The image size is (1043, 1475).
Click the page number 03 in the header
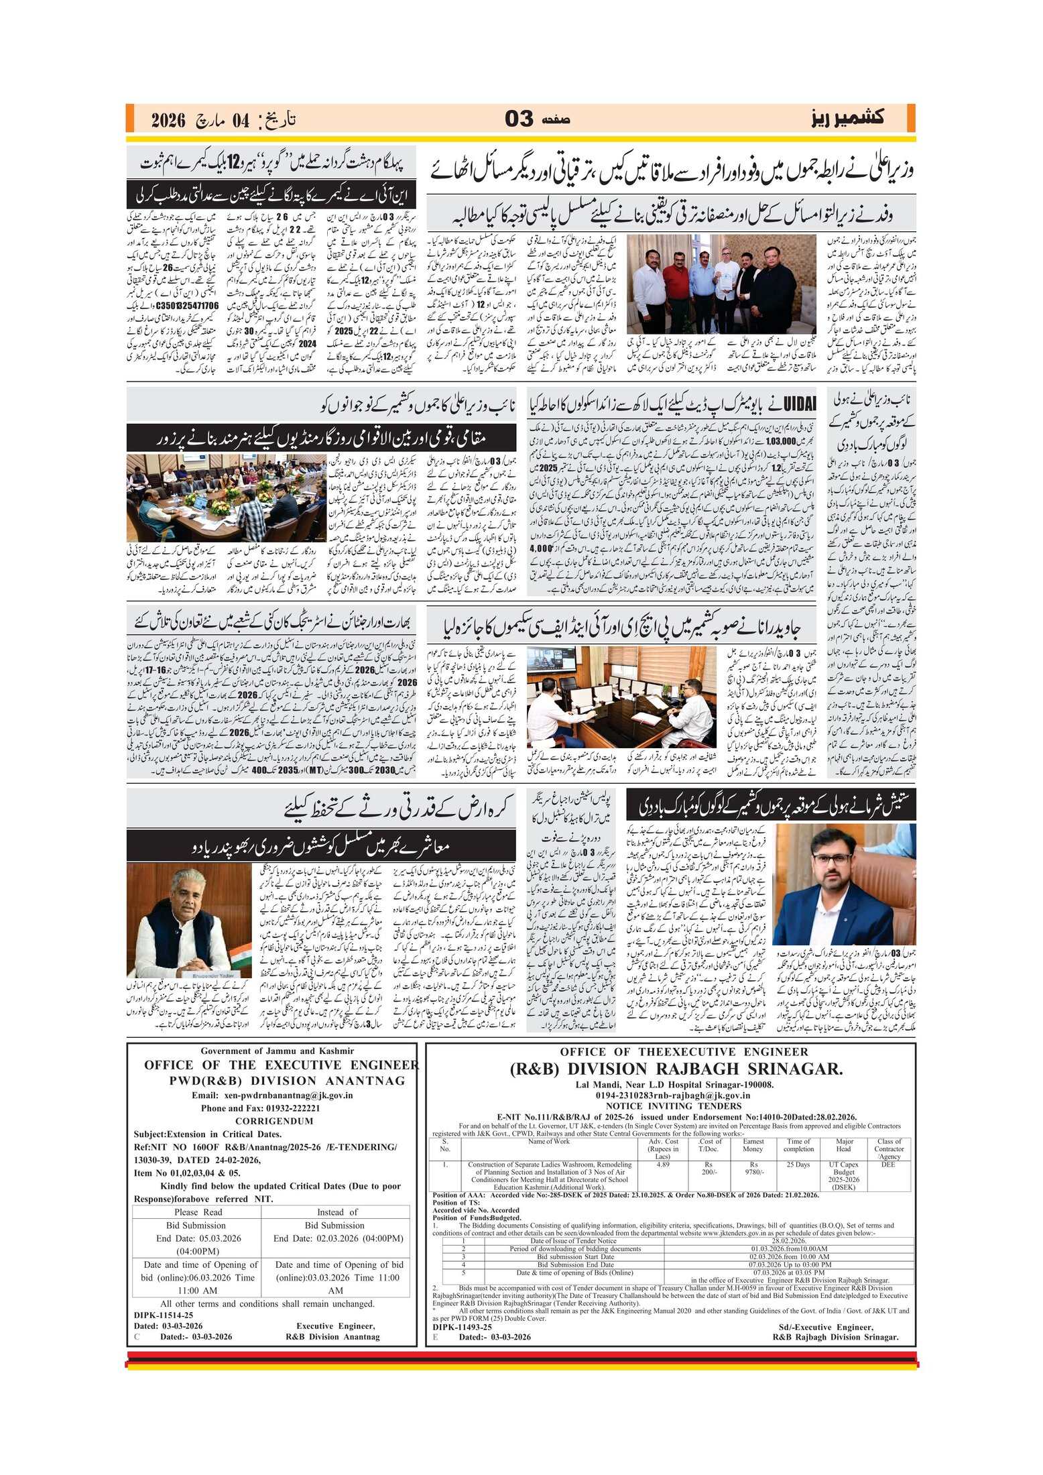[x=519, y=119]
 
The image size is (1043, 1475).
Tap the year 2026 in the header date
[x=168, y=121]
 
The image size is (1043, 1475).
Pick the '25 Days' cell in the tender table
[x=798, y=1165]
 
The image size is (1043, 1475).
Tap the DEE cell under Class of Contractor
[x=887, y=1165]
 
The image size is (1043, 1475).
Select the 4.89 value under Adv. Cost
[x=662, y=1165]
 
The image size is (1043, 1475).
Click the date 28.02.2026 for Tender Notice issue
[x=788, y=1241]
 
